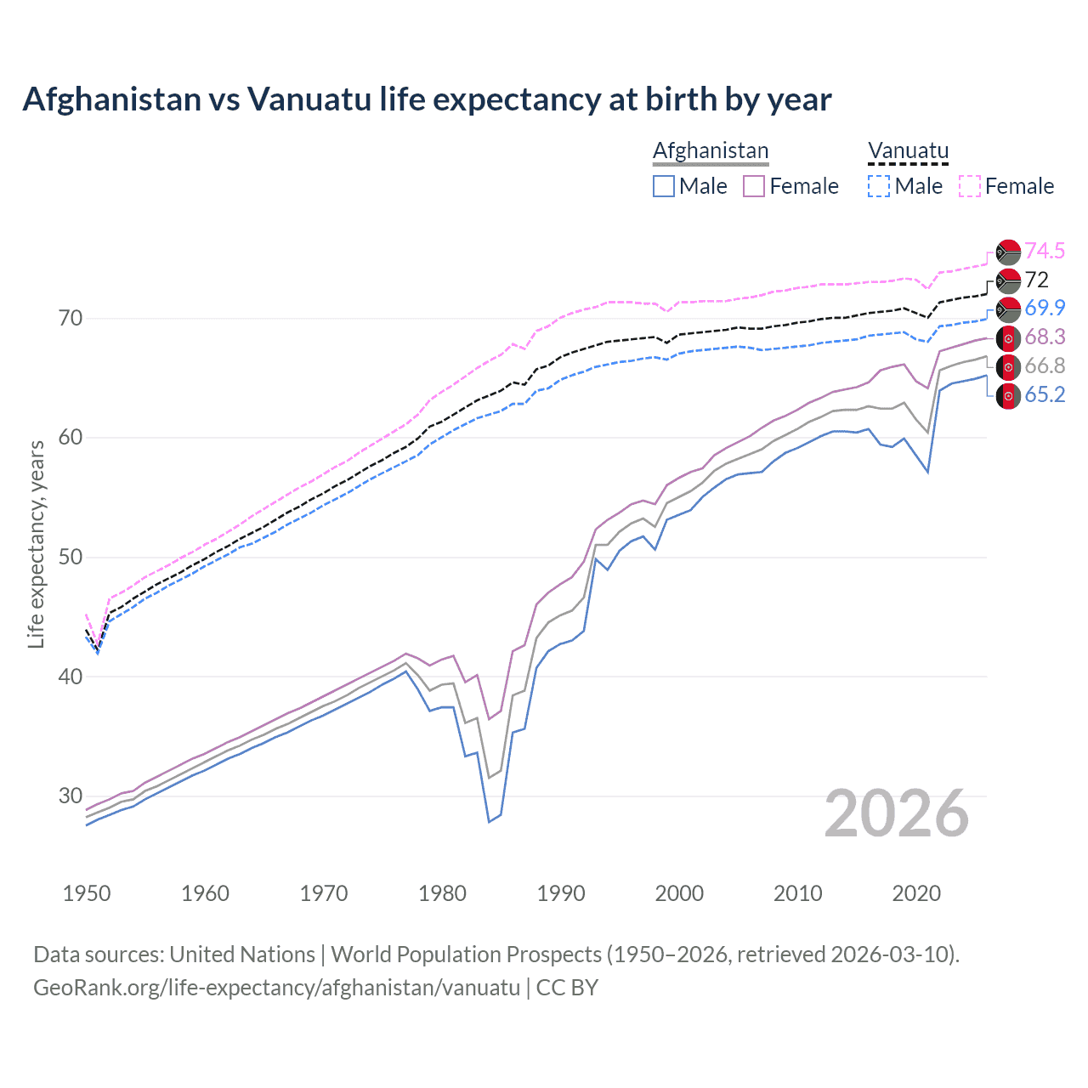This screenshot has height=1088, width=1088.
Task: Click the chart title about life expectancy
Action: click(427, 99)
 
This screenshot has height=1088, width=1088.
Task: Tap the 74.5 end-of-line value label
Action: click(1045, 251)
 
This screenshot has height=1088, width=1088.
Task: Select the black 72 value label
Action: click(1037, 280)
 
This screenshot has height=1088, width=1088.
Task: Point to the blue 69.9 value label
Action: click(1045, 308)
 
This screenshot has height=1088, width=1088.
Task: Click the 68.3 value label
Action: click(1045, 337)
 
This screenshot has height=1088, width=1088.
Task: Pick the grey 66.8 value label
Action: click(1045, 366)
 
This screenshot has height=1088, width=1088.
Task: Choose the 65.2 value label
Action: click(1045, 395)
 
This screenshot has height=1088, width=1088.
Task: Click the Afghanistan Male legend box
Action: click(664, 186)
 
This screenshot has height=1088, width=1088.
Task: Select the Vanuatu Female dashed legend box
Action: click(970, 186)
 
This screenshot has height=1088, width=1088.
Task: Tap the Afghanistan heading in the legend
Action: click(711, 150)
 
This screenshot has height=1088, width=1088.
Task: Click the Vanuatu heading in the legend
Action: click(908, 150)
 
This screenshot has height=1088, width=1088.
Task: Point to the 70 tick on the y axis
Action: click(71, 319)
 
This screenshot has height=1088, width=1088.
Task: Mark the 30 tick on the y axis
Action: click(71, 796)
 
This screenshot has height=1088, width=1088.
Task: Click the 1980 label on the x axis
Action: click(443, 893)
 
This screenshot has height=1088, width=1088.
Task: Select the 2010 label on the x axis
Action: click(797, 893)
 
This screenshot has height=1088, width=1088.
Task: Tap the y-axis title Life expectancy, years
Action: click(36, 544)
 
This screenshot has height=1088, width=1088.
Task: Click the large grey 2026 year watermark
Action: click(897, 814)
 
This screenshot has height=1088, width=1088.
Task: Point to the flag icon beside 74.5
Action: click(1008, 252)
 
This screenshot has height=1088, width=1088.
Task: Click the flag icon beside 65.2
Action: click(1008, 396)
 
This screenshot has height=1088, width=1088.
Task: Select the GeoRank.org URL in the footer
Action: click(276, 988)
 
